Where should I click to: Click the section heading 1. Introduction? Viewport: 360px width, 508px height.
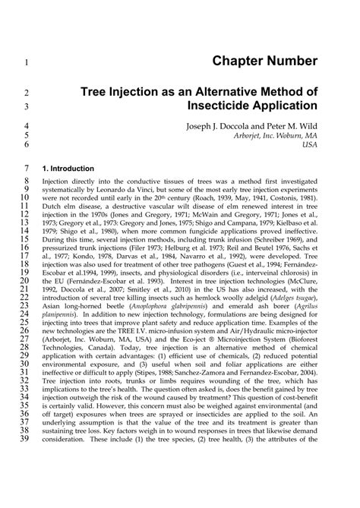tap(68, 168)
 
